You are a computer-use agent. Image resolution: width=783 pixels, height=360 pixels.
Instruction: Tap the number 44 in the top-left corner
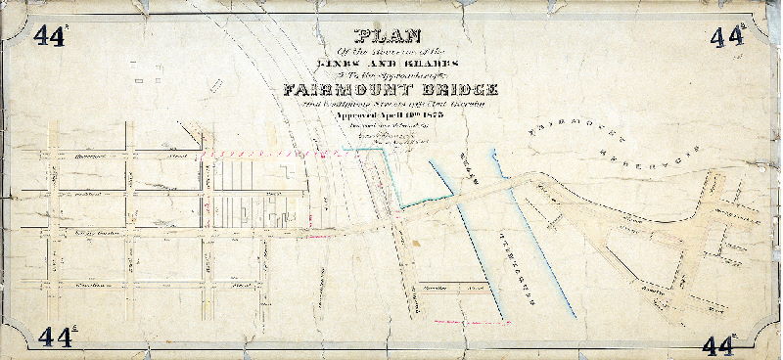click(48, 36)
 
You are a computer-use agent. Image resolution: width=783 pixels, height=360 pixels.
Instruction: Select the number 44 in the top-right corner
click(726, 36)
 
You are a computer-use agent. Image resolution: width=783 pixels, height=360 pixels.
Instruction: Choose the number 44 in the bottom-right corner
click(719, 344)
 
